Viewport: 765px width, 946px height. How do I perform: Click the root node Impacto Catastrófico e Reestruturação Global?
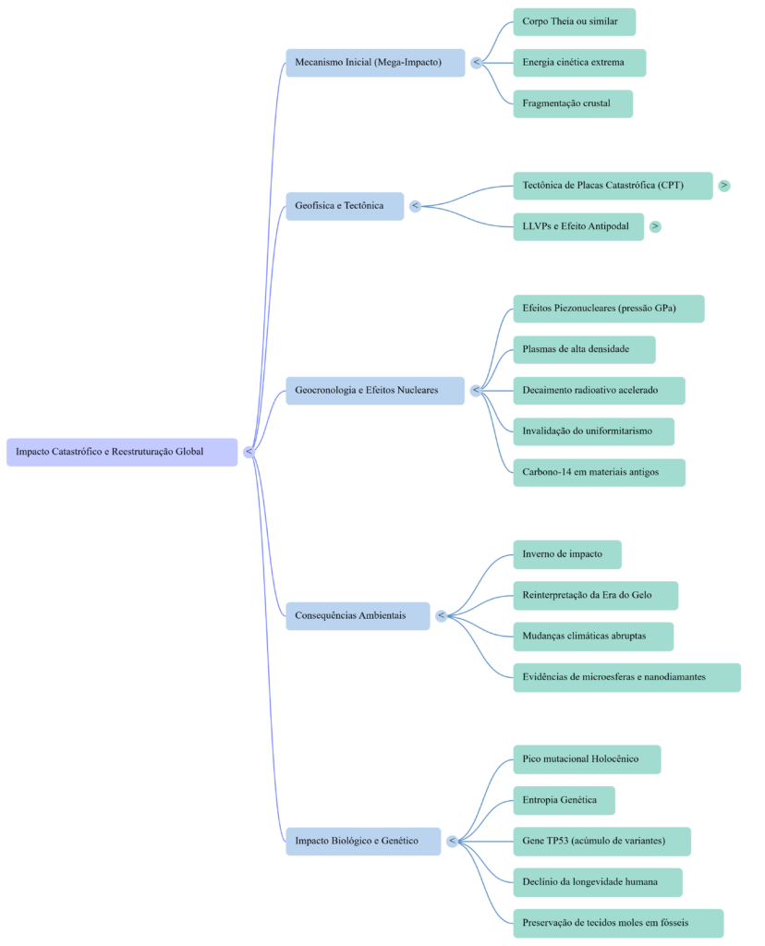tap(122, 452)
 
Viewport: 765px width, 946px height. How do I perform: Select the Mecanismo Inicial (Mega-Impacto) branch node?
tap(375, 63)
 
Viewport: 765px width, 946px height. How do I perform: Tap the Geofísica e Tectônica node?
tap(344, 206)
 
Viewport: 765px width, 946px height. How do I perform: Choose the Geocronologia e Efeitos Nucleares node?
tap(375, 390)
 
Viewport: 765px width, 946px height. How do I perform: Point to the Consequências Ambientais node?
tap(357, 615)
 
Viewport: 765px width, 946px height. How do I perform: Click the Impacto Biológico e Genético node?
tap(362, 841)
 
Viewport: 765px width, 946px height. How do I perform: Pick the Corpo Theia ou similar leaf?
tap(574, 21)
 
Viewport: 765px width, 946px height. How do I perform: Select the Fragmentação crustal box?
tap(573, 103)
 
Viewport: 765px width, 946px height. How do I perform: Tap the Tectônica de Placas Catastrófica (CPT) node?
tap(613, 186)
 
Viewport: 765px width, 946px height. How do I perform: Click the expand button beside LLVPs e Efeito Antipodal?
tap(655, 226)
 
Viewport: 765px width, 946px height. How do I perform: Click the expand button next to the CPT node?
tap(724, 186)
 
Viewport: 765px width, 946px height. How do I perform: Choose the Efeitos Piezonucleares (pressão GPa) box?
tap(608, 309)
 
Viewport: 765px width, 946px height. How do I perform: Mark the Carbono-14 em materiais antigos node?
tap(599, 472)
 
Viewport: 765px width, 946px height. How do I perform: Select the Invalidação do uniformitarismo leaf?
tap(593, 431)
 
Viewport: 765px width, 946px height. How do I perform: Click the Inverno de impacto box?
tap(566, 554)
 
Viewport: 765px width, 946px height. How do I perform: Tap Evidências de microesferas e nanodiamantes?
tap(626, 677)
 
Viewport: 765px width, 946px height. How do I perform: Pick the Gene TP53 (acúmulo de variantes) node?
tap(601, 841)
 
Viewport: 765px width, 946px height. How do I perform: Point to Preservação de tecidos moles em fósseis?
tap(617, 923)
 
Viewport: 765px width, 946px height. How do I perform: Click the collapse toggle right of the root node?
tap(249, 452)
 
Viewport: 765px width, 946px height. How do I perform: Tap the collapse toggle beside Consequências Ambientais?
tap(441, 615)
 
